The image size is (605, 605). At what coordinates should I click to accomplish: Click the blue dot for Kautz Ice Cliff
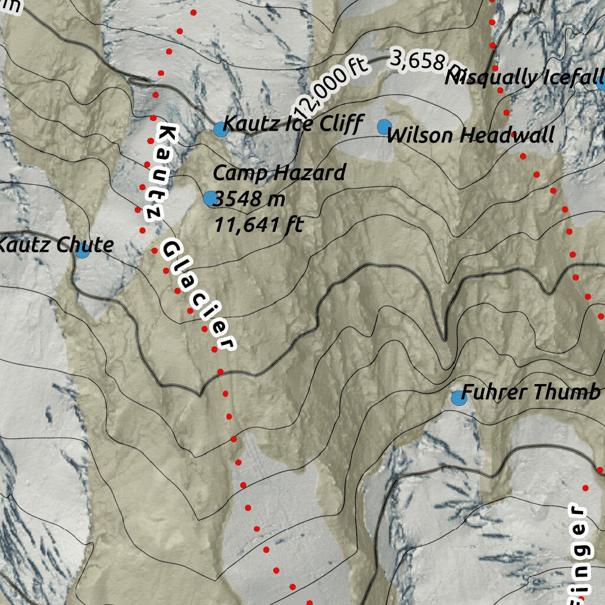(x=220, y=129)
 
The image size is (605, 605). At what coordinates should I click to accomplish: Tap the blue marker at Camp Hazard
(x=210, y=199)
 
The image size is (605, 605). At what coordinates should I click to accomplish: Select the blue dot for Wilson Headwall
(x=384, y=126)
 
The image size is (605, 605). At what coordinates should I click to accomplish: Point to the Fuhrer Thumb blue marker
(x=458, y=398)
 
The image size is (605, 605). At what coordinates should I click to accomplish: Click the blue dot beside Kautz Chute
(x=82, y=251)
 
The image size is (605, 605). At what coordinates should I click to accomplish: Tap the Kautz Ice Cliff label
(x=293, y=124)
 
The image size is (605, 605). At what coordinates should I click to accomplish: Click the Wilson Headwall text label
(x=470, y=135)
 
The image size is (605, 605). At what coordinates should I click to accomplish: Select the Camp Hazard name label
(x=279, y=173)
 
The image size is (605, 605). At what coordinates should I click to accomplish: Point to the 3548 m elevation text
(x=249, y=199)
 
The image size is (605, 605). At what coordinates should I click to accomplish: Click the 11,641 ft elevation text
(x=258, y=225)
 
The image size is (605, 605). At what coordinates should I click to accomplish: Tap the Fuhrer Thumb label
(x=531, y=392)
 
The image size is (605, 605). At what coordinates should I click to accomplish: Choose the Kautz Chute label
(x=56, y=245)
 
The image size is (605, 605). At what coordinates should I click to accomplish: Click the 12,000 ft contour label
(x=330, y=86)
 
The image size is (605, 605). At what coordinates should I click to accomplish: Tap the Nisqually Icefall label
(x=525, y=77)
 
